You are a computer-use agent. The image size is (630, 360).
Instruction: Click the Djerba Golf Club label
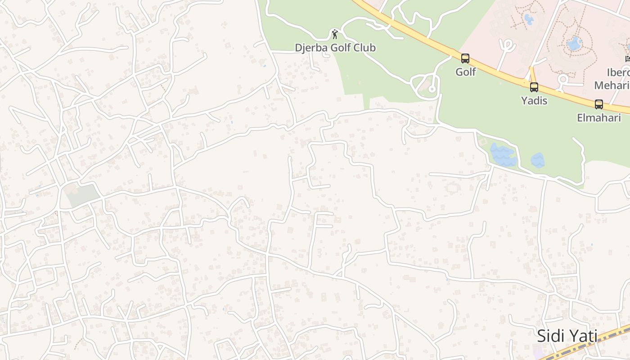click(335, 48)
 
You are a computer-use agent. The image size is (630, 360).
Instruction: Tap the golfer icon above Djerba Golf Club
click(334, 34)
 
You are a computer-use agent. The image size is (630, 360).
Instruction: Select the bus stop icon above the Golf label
click(465, 58)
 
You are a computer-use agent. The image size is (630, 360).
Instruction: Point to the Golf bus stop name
click(465, 72)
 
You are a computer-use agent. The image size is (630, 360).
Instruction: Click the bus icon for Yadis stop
click(534, 87)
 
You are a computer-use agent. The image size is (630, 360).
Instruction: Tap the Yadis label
click(534, 100)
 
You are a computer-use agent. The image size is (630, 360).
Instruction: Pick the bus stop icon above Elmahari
click(599, 104)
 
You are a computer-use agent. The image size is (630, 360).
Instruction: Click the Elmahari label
click(599, 118)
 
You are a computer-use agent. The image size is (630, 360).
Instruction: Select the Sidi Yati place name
click(567, 336)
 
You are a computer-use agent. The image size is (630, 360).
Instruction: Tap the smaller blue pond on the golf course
click(538, 160)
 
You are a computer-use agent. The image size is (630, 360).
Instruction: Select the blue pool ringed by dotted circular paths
click(574, 44)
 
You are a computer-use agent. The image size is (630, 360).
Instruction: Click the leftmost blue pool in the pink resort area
click(529, 19)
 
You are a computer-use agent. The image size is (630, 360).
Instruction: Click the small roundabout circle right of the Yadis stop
click(562, 80)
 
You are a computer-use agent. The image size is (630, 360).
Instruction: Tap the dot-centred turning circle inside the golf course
click(432, 89)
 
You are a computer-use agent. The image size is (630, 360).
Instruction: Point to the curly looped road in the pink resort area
click(508, 46)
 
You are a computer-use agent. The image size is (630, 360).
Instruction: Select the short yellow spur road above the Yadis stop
click(531, 73)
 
